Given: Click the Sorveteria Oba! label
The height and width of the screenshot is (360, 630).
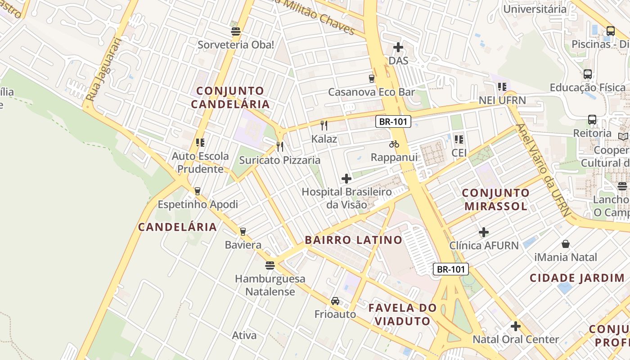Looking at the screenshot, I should pyautogui.click(x=236, y=45).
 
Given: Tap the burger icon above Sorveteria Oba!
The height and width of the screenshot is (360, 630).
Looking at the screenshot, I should pyautogui.click(x=236, y=31).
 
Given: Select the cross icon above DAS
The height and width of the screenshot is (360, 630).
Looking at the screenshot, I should pyautogui.click(x=398, y=47).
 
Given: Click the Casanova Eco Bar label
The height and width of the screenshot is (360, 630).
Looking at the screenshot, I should pyautogui.click(x=371, y=92).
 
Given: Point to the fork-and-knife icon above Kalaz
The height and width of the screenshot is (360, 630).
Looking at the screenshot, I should pyautogui.click(x=324, y=125).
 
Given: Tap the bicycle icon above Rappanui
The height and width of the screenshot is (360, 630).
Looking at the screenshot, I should pyautogui.click(x=394, y=144).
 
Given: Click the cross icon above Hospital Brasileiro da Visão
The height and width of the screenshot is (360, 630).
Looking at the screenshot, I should pyautogui.click(x=346, y=179).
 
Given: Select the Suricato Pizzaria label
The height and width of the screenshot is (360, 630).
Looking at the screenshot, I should pyautogui.click(x=279, y=160).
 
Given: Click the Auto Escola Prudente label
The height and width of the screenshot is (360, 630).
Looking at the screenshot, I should pyautogui.click(x=200, y=162).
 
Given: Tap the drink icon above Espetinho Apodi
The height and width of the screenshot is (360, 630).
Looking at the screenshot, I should pyautogui.click(x=197, y=191).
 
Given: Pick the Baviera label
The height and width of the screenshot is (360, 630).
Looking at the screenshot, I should pyautogui.click(x=243, y=245).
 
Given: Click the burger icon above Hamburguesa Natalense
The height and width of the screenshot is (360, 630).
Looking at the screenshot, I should pyautogui.click(x=270, y=265).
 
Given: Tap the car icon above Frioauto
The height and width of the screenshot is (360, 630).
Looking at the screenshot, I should pyautogui.click(x=335, y=301).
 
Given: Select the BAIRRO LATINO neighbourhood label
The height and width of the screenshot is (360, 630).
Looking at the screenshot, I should pyautogui.click(x=353, y=240).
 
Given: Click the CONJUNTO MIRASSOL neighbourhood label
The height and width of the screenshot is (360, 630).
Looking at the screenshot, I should pyautogui.click(x=495, y=199).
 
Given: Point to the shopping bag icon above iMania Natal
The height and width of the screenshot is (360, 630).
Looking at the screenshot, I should pyautogui.click(x=565, y=244).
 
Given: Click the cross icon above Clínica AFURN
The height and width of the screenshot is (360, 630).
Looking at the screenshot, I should pyautogui.click(x=484, y=232).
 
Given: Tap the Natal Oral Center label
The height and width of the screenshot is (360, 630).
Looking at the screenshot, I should pyautogui.click(x=516, y=339).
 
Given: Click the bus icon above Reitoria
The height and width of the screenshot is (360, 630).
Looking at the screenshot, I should pyautogui.click(x=592, y=120).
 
